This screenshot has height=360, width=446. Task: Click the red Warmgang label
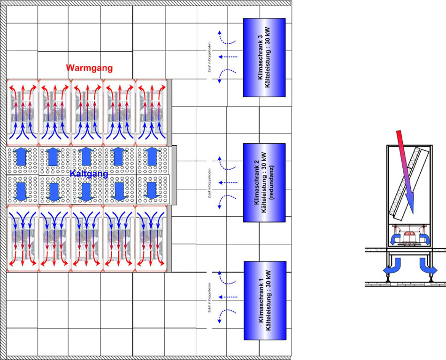click(89, 68)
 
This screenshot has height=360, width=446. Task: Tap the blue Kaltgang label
click(89, 174)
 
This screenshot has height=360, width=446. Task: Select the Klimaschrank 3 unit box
click(264, 57)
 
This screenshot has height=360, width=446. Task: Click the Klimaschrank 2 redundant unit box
click(264, 182)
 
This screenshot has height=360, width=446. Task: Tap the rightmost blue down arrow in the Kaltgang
click(151, 190)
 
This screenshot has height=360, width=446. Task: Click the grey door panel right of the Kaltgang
click(174, 175)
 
